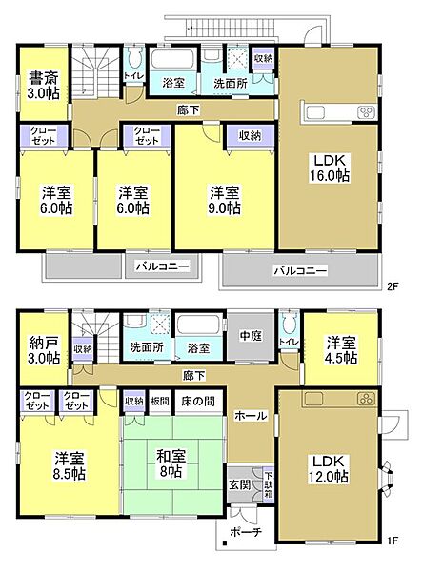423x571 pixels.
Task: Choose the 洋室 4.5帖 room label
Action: tap(339, 349)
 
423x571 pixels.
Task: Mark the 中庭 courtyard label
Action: tap(251, 334)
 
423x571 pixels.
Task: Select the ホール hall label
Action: tap(250, 416)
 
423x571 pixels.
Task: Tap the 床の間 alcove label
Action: tap(198, 400)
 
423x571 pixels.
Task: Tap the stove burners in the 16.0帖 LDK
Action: tap(367, 113)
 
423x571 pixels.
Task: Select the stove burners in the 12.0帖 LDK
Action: tap(365, 399)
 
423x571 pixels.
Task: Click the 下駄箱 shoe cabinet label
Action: tap(269, 482)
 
